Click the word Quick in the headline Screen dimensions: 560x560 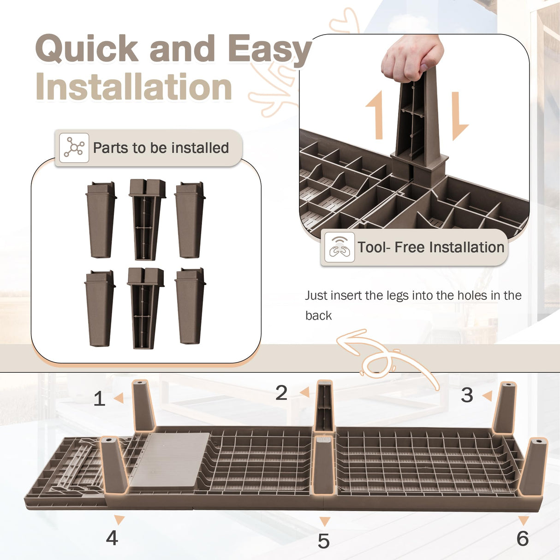tap(87, 48)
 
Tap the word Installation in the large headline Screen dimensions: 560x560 tap(134, 86)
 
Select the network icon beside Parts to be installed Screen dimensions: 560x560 tap(74, 148)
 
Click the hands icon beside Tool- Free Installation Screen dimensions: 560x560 tap(340, 247)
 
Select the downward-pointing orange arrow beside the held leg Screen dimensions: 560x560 tap(459, 116)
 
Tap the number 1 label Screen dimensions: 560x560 tap(99, 399)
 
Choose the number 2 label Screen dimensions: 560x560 tap(281, 393)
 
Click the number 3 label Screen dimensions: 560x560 tap(467, 395)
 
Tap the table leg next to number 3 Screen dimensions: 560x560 tap(505, 408)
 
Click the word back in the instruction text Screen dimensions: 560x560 tap(318, 316)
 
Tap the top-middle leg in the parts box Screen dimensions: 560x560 tap(147, 220)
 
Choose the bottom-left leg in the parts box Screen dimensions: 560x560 tap(100, 308)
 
